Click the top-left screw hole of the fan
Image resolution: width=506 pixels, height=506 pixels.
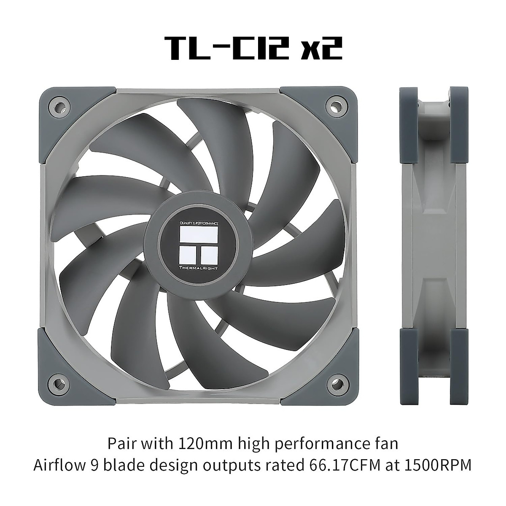(58, 104)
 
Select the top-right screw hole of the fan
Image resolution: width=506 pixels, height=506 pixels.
(335, 104)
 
